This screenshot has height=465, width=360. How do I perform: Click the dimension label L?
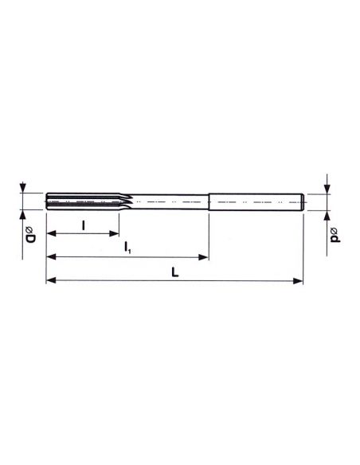coord(175,272)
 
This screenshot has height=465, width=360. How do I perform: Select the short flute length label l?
coord(84,224)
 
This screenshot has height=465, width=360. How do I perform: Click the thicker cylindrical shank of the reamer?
coord(255,202)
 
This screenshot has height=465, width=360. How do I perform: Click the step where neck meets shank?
coord(209,202)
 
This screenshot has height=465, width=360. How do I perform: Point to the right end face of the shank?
coord(303,202)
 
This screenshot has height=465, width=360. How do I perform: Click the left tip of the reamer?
coord(46,202)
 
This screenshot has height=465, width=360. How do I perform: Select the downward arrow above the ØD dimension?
coord(23,190)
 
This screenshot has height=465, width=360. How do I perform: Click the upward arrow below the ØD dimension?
coord(23,215)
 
